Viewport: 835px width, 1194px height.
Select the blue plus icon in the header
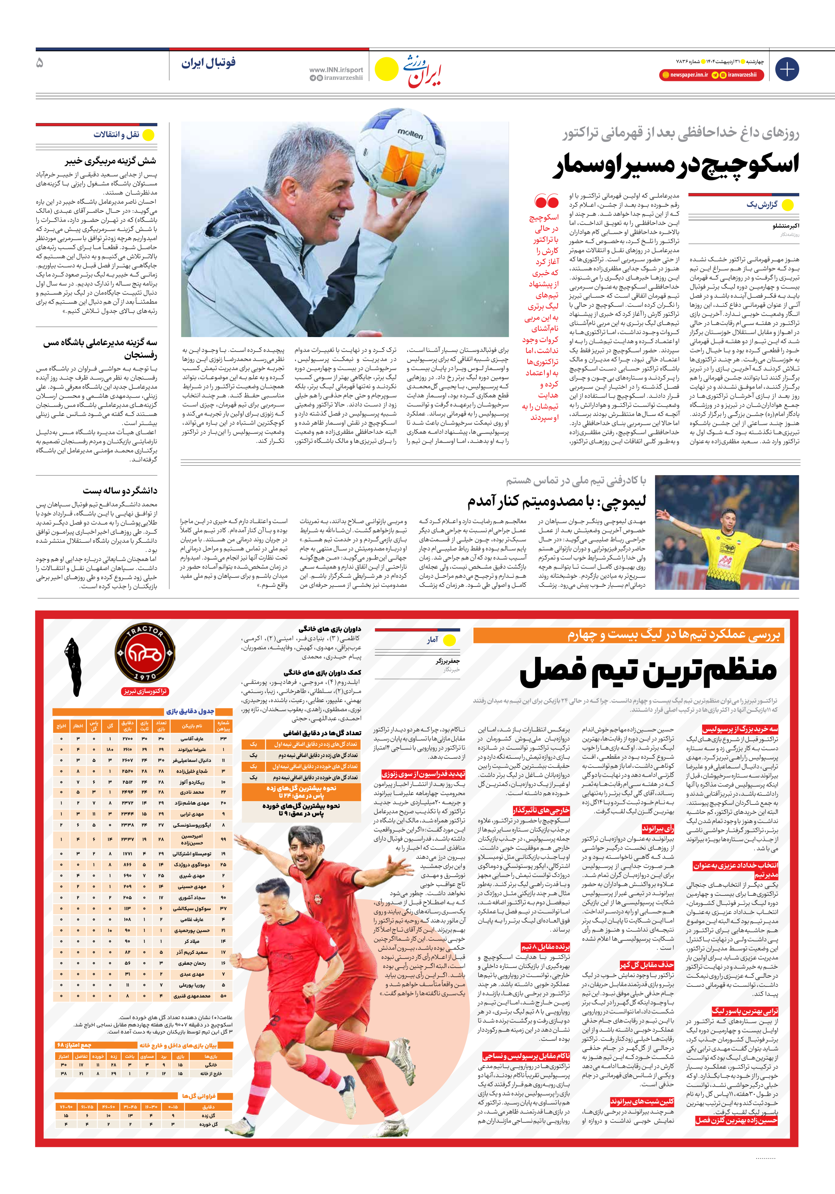click(787, 69)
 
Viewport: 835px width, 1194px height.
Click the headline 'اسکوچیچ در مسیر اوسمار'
click(675, 164)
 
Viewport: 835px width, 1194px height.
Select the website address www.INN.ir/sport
click(336, 70)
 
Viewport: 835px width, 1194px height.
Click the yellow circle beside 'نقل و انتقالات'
click(149, 135)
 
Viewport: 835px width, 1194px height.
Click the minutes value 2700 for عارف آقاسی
click(127, 739)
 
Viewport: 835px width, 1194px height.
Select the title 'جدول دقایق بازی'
click(190, 712)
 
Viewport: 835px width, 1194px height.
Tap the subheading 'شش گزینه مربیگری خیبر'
click(110, 161)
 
